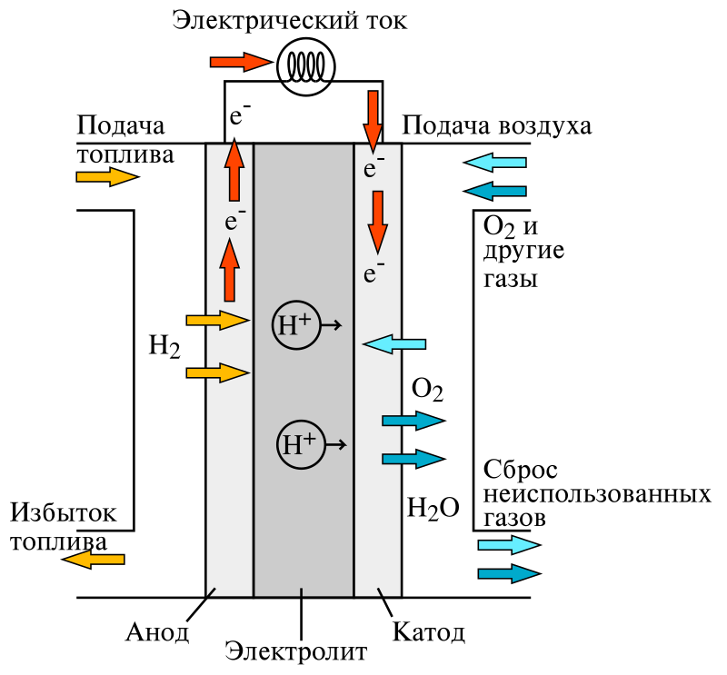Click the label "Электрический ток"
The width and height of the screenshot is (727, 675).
290,21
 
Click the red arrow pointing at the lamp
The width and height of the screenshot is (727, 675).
240,62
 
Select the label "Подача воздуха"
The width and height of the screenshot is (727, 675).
496,125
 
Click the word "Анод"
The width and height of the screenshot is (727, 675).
157,631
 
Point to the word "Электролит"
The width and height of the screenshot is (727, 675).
296,651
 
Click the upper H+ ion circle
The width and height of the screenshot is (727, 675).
295,325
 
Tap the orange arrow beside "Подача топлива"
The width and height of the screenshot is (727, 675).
107,176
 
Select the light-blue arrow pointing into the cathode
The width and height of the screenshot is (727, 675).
394,343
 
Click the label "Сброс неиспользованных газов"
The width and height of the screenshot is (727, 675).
596,495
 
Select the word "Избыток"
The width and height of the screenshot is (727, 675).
64,513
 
